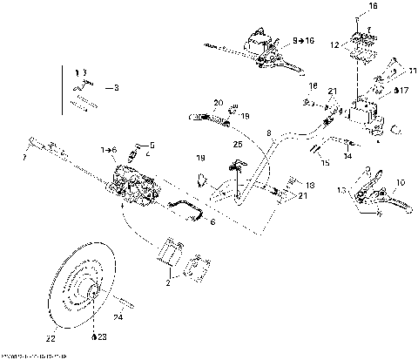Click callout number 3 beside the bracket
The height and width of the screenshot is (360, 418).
(x=118, y=88)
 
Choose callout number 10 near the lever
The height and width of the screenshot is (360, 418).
(x=401, y=183)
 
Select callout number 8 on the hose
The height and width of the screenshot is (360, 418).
(x=270, y=133)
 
